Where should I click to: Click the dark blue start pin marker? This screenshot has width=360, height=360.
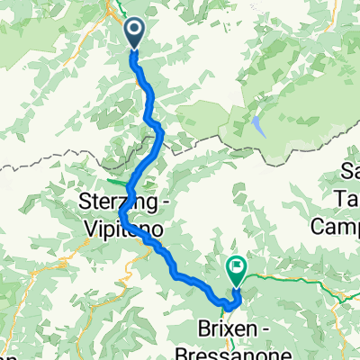coord(134,34)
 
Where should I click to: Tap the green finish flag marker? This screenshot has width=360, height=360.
coord(237,265)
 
